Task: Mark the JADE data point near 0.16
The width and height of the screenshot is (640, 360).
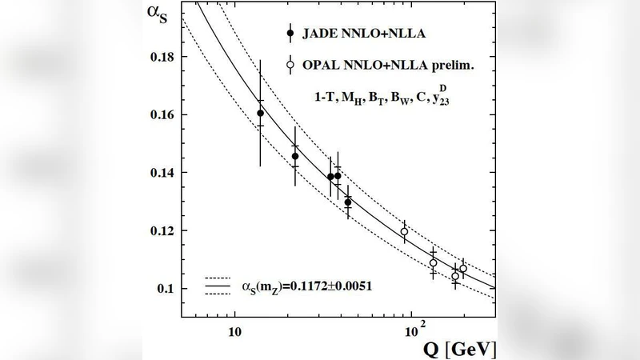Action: coord(260,114)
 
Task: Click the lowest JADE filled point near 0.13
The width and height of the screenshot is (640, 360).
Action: coord(348,202)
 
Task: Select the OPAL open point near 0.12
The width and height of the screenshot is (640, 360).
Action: coord(404,232)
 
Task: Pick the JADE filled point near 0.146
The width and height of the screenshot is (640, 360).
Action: coord(295,157)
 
